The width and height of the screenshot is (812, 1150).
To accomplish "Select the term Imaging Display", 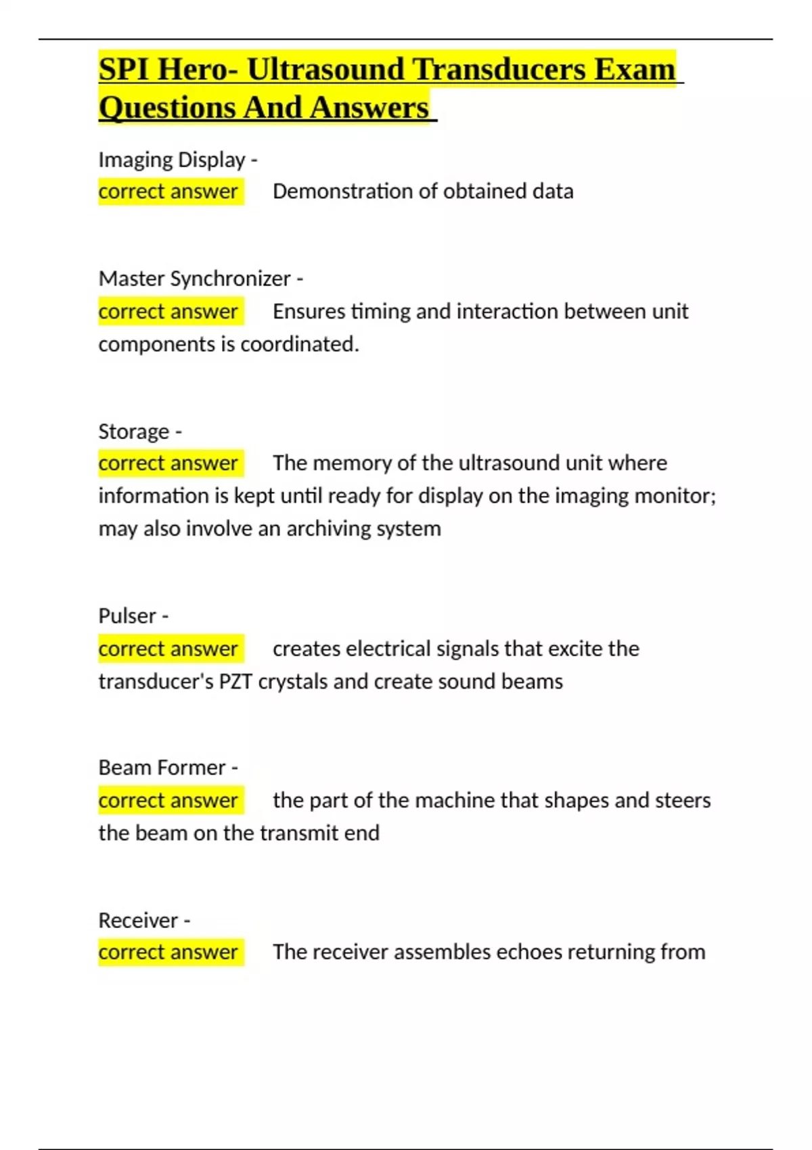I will [x=172, y=160].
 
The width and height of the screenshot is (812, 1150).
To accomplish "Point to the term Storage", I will [x=134, y=432].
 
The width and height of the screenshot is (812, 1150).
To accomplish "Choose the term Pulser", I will [x=127, y=616].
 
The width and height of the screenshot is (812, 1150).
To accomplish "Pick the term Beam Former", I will [x=162, y=768].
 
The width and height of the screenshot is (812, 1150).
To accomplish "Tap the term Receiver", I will [x=138, y=921].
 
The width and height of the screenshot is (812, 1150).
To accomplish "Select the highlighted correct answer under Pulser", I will [x=168, y=649].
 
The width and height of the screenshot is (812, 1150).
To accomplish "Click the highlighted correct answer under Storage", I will [x=168, y=463].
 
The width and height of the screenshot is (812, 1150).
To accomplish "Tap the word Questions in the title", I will [x=166, y=108].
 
